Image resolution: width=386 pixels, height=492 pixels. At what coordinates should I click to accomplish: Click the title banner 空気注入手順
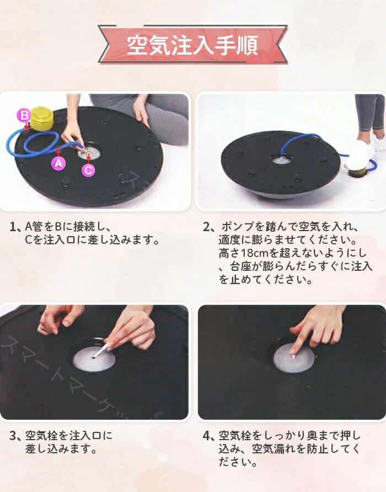pos(192,45)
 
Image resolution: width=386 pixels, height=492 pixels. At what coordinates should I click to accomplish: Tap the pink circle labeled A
pos(58,163)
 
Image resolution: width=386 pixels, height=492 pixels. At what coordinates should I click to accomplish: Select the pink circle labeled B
pos(24,115)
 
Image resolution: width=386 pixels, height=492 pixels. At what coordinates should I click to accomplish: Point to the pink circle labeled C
pos(88,170)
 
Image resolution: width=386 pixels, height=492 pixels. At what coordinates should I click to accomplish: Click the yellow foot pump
pos(42,119)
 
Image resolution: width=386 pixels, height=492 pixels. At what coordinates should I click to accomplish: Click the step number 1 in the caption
pos(13,227)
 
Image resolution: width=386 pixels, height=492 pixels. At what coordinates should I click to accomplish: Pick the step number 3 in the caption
pos(13,436)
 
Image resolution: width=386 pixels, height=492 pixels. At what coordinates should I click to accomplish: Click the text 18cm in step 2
pos(255,253)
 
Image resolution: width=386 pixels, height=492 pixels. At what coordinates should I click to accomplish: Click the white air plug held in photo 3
pos(101,350)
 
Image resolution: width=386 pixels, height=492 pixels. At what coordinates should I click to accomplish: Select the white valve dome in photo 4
pos(294,358)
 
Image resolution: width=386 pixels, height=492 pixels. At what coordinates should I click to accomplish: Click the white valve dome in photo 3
pos(94,359)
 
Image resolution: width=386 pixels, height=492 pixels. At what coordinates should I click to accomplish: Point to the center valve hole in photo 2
pos(281,160)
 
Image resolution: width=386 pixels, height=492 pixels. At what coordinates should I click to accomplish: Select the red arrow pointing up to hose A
pos(58,153)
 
